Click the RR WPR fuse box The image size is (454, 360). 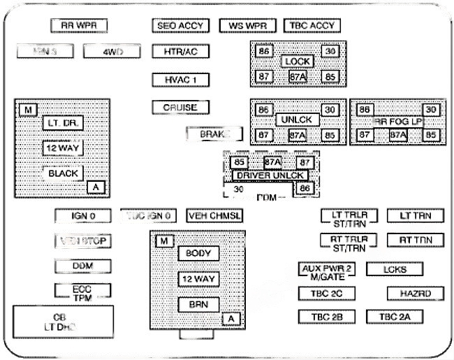click(x=78, y=26)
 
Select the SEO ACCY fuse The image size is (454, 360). click(x=180, y=26)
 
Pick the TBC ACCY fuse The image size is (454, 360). click(x=311, y=26)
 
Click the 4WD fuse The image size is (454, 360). click(x=112, y=51)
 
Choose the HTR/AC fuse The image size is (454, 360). click(x=180, y=51)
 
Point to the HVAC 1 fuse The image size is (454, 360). click(x=180, y=79)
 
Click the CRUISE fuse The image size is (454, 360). click(x=180, y=108)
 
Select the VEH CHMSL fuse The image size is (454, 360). click(x=214, y=215)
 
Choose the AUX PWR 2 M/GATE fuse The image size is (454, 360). click(x=327, y=272)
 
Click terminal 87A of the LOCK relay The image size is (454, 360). click(x=298, y=76)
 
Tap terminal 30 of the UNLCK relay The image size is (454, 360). click(x=330, y=109)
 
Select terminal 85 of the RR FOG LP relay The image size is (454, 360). click(x=431, y=135)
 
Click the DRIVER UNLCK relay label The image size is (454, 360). click(x=272, y=175)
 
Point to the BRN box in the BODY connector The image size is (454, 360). click(x=198, y=304)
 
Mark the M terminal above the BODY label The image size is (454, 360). click(x=163, y=241)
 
